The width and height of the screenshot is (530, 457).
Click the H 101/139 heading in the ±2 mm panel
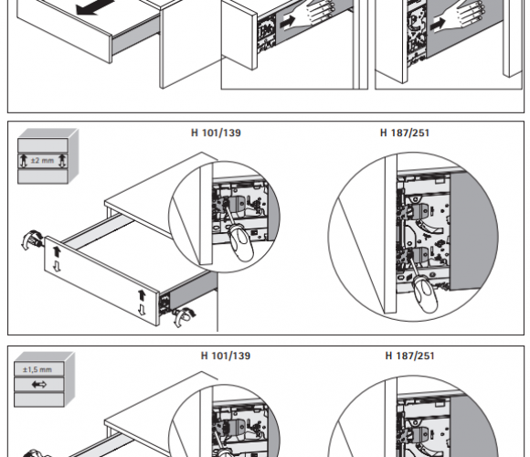pyautogui.click(x=216, y=133)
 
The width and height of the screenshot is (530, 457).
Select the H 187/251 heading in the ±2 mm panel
pyautogui.click(x=405, y=133)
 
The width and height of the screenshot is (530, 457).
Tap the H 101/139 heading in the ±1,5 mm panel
pyautogui.click(x=226, y=356)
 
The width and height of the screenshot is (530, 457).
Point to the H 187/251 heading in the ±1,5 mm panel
pyautogui.click(x=409, y=356)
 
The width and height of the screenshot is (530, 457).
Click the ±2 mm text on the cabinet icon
pyautogui.click(x=42, y=160)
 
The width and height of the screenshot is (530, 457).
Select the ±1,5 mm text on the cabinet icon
pyautogui.click(x=37, y=369)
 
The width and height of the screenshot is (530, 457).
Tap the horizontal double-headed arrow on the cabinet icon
pyautogui.click(x=39, y=384)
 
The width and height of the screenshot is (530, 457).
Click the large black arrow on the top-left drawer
pyautogui.click(x=95, y=6)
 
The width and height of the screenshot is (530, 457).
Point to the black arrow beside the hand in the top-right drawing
pyautogui.click(x=438, y=24)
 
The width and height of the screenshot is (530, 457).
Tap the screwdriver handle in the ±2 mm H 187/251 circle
pyautogui.click(x=426, y=296)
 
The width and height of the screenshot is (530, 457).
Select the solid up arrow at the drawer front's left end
pyautogui.click(x=57, y=251)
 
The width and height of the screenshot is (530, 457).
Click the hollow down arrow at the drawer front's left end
pyautogui.click(x=57, y=266)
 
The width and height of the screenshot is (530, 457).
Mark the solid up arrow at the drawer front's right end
pyautogui.click(x=142, y=295)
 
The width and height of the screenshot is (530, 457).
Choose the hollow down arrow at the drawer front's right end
pyautogui.click(x=142, y=309)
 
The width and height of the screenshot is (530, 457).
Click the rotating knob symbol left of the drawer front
pyautogui.click(x=31, y=239)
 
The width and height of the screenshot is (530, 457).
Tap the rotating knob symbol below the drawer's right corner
pyautogui.click(x=184, y=317)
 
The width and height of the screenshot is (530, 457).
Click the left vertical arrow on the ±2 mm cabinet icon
pyautogui.click(x=24, y=161)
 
